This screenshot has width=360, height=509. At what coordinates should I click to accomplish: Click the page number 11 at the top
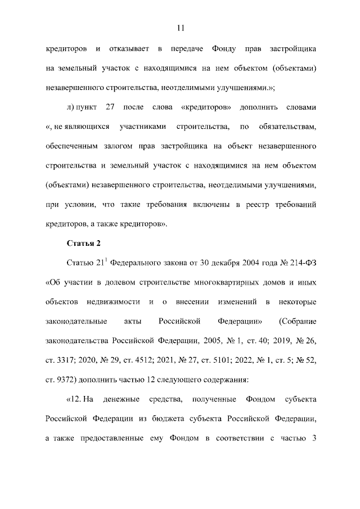180,28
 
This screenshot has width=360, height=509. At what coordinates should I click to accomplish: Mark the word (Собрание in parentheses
298,322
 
